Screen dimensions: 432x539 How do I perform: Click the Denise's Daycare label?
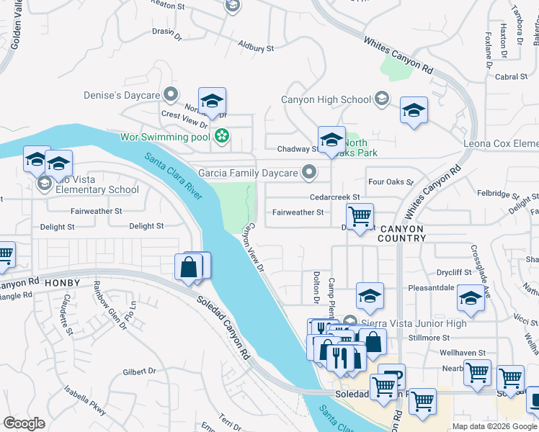pyautogui.click(x=130, y=95)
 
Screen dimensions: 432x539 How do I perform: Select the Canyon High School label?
pyautogui.click(x=326, y=99)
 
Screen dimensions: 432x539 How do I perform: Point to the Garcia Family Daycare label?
pyautogui.click(x=248, y=173)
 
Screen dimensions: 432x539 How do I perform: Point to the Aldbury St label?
pyautogui.click(x=257, y=48)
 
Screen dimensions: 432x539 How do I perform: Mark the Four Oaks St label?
pyautogui.click(x=390, y=183)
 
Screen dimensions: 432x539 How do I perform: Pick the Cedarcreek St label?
pyautogui.click(x=334, y=196)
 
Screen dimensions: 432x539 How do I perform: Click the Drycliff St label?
pyautogui.click(x=453, y=273)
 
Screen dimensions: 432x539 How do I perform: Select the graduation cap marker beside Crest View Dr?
pyautogui.click(x=212, y=102)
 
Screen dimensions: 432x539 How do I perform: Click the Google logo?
pyautogui.click(x=24, y=423)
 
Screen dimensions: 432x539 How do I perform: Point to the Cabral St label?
pyautogui.click(x=512, y=76)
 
